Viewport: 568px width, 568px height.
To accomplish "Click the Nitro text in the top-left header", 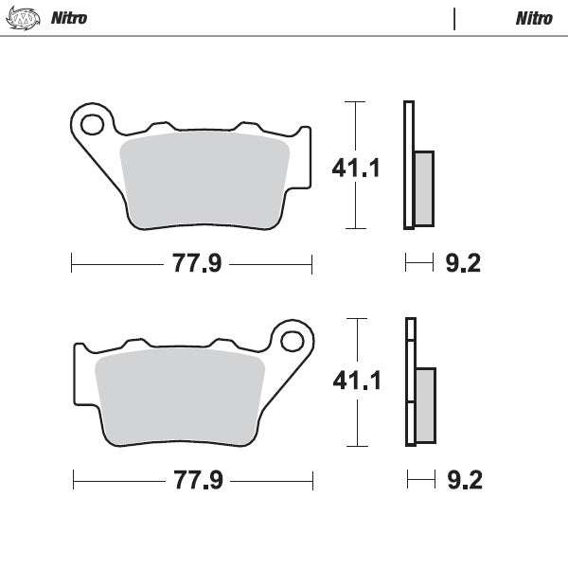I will click(x=69, y=18).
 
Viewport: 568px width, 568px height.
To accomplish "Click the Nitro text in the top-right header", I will click(x=535, y=18).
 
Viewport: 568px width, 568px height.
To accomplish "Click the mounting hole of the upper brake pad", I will click(x=92, y=123).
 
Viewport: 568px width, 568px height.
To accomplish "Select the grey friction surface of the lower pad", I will click(x=180, y=396).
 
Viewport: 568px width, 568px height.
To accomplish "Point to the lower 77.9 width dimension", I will click(x=197, y=480).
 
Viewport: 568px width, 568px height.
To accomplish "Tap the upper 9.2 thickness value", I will click(x=463, y=263).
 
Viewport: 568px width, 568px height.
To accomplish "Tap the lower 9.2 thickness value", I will click(x=464, y=480).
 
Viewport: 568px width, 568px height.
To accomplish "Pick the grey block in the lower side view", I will click(x=425, y=404).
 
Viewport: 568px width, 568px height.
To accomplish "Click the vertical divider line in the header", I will click(x=455, y=18).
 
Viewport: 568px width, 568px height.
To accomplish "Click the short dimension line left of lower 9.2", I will click(x=421, y=480).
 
